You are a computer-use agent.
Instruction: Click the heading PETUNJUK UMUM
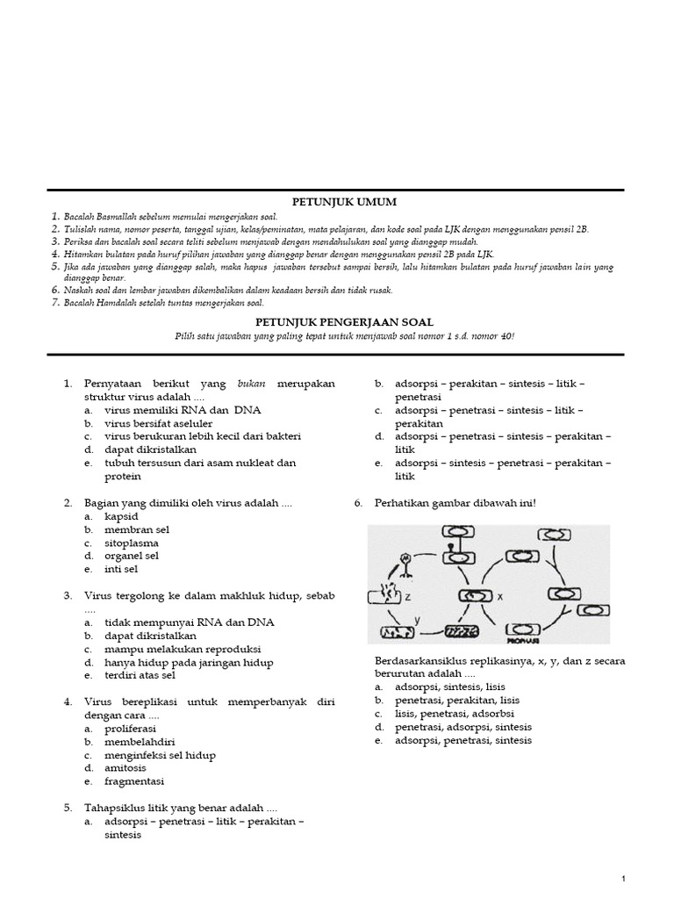coord(336,201)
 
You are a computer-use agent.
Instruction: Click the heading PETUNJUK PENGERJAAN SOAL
coord(336,322)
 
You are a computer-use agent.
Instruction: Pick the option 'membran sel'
coord(136,529)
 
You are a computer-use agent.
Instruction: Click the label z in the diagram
coord(408,596)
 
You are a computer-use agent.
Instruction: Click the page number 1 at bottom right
coord(622,879)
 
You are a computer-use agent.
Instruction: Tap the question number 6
coord(358,503)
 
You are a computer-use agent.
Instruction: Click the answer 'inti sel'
coord(121,569)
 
